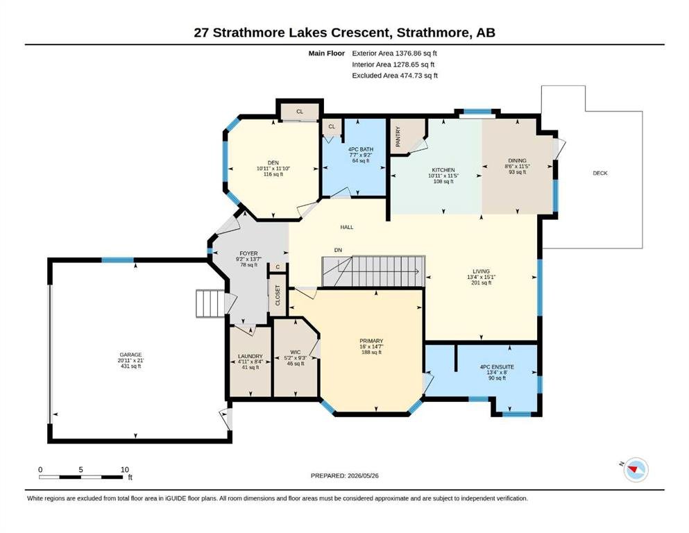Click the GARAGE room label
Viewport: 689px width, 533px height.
131,355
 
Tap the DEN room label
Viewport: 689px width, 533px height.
273,162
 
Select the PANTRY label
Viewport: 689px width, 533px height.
398,137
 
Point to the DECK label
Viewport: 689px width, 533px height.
599,173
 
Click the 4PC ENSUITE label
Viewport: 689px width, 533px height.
497,367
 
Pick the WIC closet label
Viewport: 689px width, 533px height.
296,352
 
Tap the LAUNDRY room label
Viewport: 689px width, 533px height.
250,356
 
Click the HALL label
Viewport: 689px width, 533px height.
347,227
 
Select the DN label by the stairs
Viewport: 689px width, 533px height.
338,250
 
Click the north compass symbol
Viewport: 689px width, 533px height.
636,470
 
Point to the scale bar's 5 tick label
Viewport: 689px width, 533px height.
81,470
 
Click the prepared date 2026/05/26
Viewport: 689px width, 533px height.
363,475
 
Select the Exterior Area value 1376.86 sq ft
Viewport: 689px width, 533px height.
416,53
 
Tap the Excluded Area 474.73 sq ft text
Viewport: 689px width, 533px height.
395,75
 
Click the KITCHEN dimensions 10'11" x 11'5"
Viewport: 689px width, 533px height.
443,176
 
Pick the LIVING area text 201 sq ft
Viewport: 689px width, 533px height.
481,282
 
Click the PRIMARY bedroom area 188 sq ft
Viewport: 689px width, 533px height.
371,352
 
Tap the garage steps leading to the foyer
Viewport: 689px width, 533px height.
210,303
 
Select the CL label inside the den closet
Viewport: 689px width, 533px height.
300,112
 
